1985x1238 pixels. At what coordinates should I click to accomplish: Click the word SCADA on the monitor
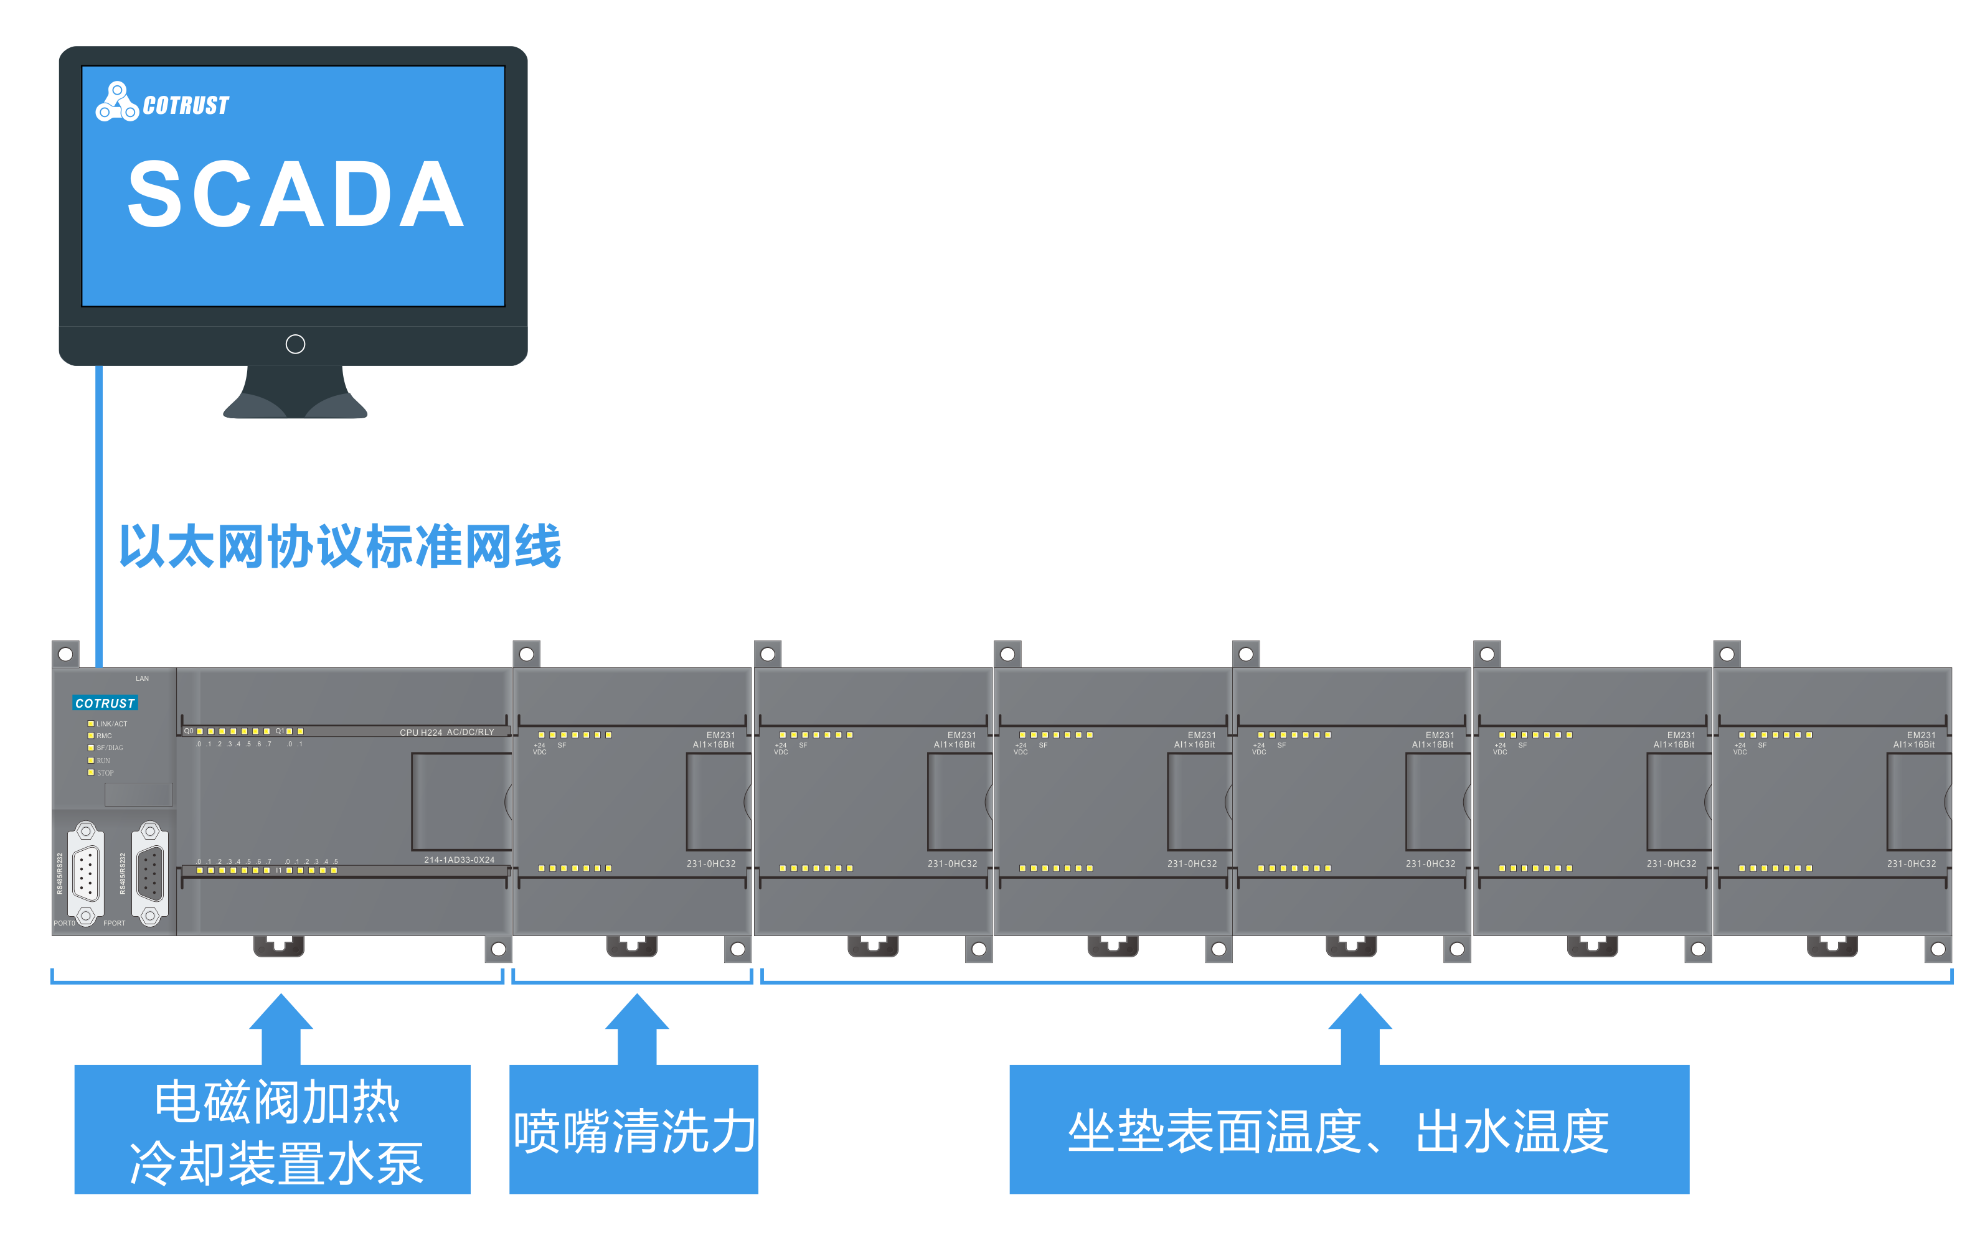click(296, 195)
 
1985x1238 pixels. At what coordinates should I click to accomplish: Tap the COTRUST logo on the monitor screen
click(162, 103)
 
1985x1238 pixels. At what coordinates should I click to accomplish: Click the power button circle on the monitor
click(296, 344)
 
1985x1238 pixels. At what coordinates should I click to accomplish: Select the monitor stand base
click(295, 401)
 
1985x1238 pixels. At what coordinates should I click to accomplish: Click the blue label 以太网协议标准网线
click(340, 546)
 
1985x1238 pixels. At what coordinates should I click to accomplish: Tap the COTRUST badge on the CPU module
click(105, 703)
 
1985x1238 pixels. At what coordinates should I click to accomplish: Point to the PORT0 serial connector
click(85, 875)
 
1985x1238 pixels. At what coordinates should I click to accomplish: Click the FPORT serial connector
click(149, 875)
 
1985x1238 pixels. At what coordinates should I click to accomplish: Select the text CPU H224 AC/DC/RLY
click(446, 733)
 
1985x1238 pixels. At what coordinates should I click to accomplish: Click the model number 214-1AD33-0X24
click(459, 860)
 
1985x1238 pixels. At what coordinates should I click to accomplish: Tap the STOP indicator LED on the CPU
click(91, 772)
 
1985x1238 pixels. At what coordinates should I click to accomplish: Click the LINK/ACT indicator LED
click(91, 724)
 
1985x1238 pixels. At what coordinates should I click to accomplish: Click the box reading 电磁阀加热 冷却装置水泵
click(272, 1129)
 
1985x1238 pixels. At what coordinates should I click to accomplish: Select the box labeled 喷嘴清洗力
click(633, 1129)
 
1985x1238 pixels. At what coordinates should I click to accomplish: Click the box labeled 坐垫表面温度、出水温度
click(1348, 1129)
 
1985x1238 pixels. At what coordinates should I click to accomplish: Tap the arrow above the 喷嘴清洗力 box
click(636, 1028)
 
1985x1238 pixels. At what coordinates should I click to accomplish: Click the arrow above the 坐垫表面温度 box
click(1359, 1028)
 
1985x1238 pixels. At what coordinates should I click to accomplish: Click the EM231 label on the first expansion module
click(720, 735)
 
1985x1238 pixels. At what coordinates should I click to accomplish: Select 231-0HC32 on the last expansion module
click(1912, 864)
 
